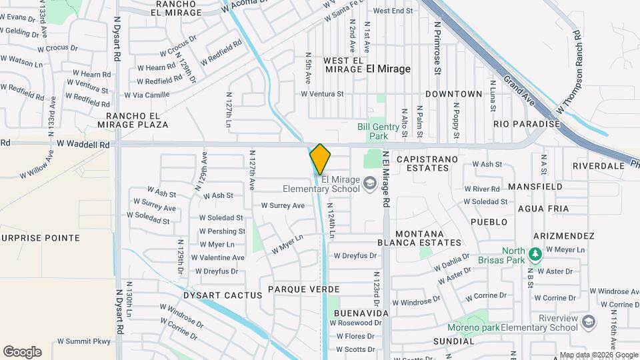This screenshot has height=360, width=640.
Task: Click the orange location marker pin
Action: pos(320,159)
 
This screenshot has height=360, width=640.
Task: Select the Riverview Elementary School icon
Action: pos(589,323)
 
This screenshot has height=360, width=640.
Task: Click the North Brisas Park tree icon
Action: pos(534,254)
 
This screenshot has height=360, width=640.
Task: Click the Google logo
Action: pos(22,352)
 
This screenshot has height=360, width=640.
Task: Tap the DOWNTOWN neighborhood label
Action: pos(453,94)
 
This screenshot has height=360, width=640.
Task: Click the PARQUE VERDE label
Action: pos(304,289)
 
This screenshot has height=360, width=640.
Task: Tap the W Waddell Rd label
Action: pos(83,144)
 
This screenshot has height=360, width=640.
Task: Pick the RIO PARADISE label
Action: pos(526,124)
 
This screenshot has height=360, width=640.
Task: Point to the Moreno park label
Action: pos(473,327)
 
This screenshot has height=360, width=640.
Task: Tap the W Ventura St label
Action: pos(322,94)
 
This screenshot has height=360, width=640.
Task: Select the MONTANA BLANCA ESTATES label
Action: pos(429,238)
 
